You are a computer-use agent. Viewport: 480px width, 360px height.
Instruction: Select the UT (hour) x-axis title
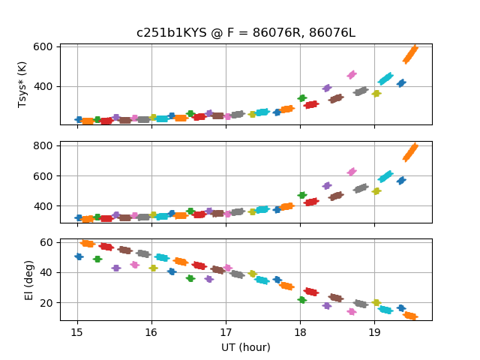click(245, 347)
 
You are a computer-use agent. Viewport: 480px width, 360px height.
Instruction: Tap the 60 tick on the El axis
click(46, 242)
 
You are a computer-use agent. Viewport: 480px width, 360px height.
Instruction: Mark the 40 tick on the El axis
click(46, 272)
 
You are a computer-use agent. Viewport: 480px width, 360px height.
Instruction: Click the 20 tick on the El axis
click(46, 303)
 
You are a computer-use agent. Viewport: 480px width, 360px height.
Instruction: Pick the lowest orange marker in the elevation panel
click(410, 316)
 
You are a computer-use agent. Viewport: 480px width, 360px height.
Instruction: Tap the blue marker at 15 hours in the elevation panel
click(79, 256)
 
